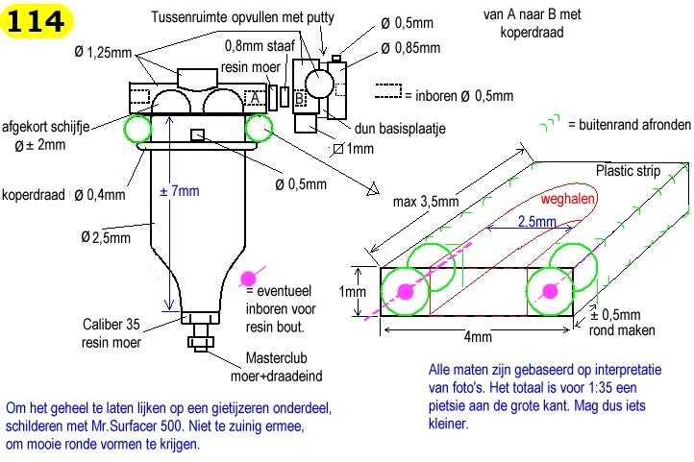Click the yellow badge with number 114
[x=37, y=21]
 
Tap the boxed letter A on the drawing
[x=255, y=98]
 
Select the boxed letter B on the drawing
[x=299, y=98]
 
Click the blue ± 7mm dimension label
[x=179, y=191]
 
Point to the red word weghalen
[x=567, y=199]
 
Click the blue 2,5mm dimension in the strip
[x=537, y=221]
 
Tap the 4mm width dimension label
[x=478, y=337]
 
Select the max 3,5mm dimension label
[x=426, y=202]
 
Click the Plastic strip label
[x=628, y=171]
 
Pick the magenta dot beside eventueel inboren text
[x=248, y=279]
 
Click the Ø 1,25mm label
[x=103, y=52]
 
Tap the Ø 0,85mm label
[x=410, y=48]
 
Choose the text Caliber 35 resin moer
[x=112, y=333]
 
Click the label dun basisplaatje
[x=400, y=129]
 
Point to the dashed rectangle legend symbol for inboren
[x=388, y=91]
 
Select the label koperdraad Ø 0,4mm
[x=63, y=195]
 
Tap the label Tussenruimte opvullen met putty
[x=242, y=17]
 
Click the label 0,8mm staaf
[x=260, y=45]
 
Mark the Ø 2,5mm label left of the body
[x=106, y=237]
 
